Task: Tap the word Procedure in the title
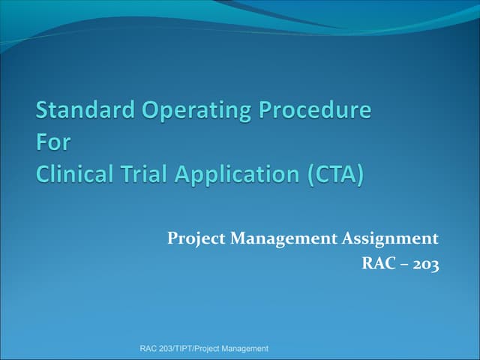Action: pyautogui.click(x=315, y=111)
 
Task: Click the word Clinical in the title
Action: pyautogui.click(x=74, y=175)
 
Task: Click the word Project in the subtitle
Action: pyautogui.click(x=196, y=239)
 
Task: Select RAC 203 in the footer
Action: pyautogui.click(x=156, y=349)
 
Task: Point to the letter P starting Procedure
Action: pyautogui.click(x=265, y=111)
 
